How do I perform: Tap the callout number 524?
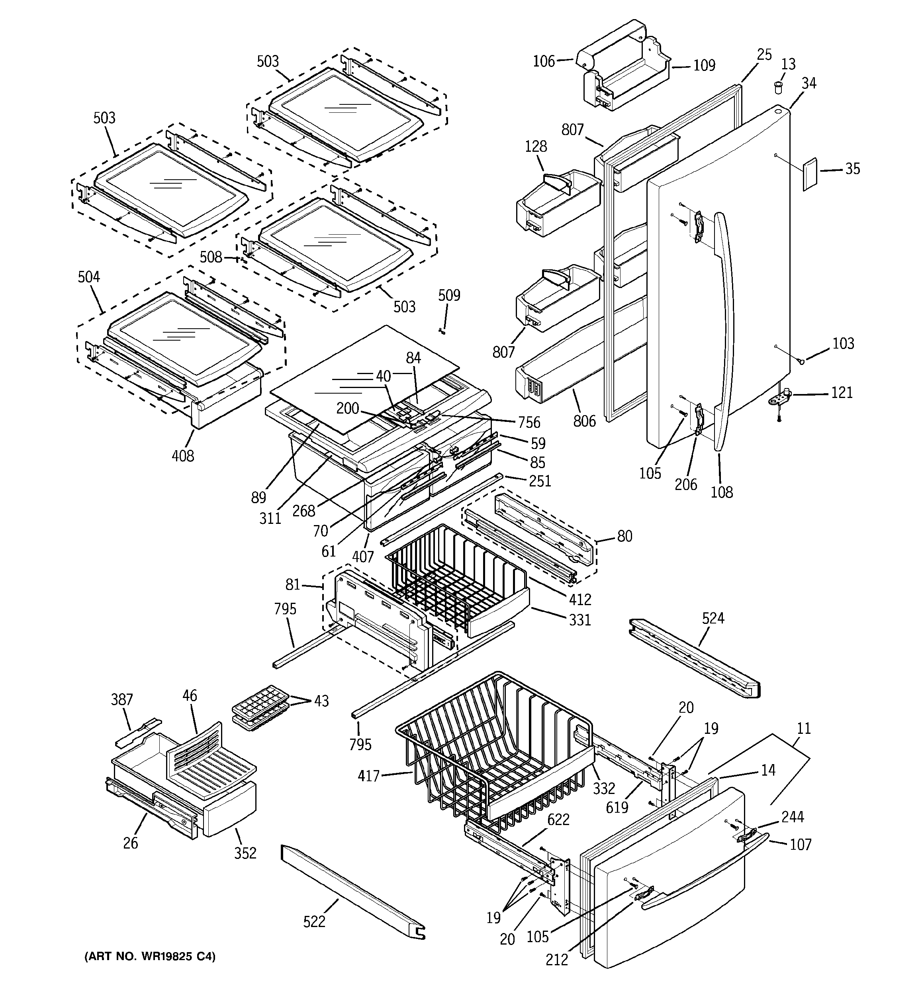point(713,618)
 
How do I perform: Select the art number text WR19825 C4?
point(150,956)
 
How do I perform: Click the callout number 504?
point(89,277)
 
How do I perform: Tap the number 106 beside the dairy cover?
point(544,61)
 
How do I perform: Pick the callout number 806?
point(584,421)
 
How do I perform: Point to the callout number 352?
point(245,853)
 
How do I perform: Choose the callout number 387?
point(121,699)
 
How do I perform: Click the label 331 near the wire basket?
point(580,620)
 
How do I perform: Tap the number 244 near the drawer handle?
point(792,817)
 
